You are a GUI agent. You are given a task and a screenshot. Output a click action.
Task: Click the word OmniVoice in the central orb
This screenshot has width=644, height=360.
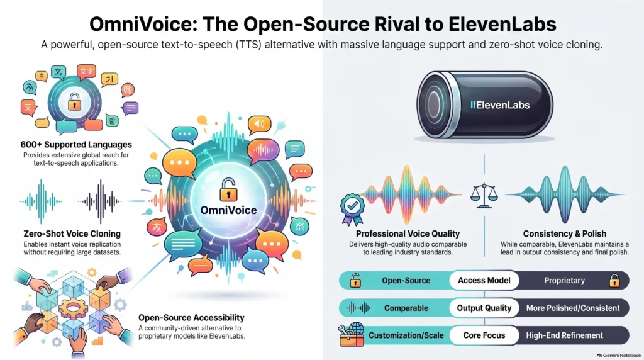228,210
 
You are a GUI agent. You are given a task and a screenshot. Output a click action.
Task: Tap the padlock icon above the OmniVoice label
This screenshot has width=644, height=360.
228,190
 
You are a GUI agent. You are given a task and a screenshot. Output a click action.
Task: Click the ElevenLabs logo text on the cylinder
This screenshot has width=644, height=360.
500,105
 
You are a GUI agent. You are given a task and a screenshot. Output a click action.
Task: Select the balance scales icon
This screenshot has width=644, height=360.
484,195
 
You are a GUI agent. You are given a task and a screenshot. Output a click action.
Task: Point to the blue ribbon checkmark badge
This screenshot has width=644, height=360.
352,209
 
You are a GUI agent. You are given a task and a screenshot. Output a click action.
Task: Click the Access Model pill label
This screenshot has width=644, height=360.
484,280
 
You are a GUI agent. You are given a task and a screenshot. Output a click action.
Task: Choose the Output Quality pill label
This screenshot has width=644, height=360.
484,308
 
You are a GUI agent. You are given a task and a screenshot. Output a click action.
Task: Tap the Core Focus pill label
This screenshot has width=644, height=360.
484,335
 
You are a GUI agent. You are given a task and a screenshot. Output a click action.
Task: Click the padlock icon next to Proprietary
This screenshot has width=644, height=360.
614,281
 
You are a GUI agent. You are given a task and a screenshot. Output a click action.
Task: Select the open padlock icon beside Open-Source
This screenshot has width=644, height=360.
355,281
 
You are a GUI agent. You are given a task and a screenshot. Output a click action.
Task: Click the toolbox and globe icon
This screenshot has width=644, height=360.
352,335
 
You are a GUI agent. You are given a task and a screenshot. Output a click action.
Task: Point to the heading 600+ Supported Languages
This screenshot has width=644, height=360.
76,145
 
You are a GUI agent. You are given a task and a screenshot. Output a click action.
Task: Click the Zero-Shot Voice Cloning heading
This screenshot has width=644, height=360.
72,234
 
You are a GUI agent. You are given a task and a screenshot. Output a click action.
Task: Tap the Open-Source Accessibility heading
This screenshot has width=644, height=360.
191,318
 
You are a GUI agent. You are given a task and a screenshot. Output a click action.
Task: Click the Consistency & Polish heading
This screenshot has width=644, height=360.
564,234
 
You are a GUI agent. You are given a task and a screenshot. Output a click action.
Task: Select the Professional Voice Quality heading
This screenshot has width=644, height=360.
408,234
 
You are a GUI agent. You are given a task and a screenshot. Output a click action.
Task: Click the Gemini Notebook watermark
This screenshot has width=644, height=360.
619,355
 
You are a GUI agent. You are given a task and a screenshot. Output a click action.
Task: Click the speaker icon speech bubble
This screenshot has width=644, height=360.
258,125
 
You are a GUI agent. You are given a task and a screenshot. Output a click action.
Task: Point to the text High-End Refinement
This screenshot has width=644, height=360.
564,335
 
